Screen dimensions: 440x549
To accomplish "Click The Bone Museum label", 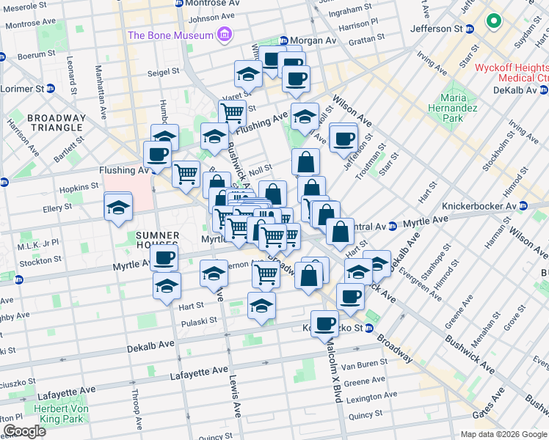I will click(x=171, y=35).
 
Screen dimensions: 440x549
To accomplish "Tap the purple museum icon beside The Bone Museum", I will click(x=225, y=35).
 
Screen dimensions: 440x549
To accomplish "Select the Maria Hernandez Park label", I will click(x=459, y=108).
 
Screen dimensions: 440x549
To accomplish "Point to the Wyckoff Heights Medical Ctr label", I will click(x=512, y=73).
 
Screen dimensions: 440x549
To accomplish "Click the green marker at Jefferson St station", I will click(x=493, y=21).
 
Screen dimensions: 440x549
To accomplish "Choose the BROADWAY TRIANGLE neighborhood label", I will click(x=56, y=122).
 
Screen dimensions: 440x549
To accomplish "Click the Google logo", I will click(x=24, y=431).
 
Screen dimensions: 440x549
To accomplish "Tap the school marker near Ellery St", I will click(x=118, y=207).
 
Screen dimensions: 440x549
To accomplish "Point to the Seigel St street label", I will click(x=165, y=72).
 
